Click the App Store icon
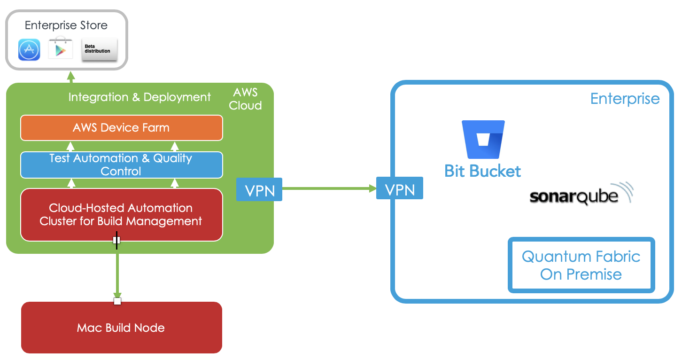pos(29,50)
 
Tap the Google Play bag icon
pos(60,49)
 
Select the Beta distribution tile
pos(99,50)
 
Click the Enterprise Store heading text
pos(66,25)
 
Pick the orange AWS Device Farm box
pos(121,128)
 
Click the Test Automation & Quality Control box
pos(121,165)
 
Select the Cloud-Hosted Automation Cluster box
pos(121,215)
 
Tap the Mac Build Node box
pos(121,328)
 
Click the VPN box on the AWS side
pos(259,189)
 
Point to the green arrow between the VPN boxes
pos(329,188)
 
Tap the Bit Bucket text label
pos(482,171)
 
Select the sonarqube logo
pos(581,195)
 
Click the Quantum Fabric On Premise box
pos(581,265)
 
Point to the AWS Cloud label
pos(245,99)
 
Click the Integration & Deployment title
pos(139,97)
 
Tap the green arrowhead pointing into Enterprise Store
pos(70,76)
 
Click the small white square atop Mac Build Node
pos(117,301)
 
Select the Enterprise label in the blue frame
pos(625,99)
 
